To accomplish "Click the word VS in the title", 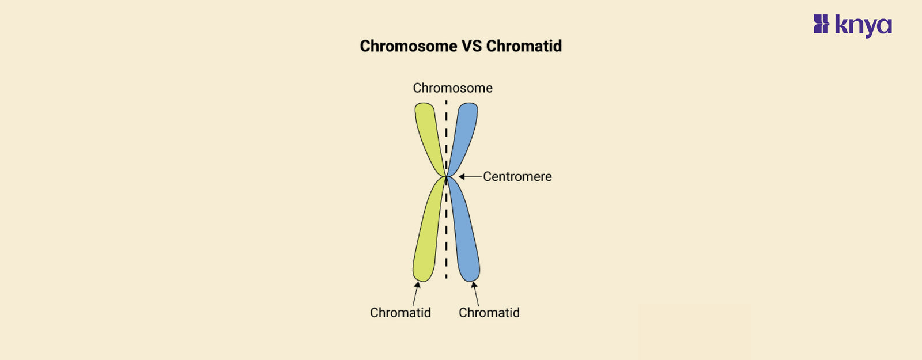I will tap(471, 46).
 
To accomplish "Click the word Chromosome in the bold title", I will tap(408, 46).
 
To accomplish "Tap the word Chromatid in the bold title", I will tap(524, 46).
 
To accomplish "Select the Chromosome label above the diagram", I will tap(452, 88).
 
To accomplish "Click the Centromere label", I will tap(517, 177).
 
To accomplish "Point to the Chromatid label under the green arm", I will tap(400, 313).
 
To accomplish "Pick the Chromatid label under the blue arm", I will tap(489, 313).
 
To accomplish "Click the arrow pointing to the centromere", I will tap(470, 177).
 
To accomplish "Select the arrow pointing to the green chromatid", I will tap(415, 294).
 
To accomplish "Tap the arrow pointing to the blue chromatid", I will tap(475, 294).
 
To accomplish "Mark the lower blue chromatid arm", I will tap(465, 236).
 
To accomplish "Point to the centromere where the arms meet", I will tap(447, 177).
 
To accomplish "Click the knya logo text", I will tap(863, 25).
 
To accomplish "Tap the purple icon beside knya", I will tap(821, 24).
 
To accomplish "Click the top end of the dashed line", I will tap(446, 102).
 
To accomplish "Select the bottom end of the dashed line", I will tap(446, 277).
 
